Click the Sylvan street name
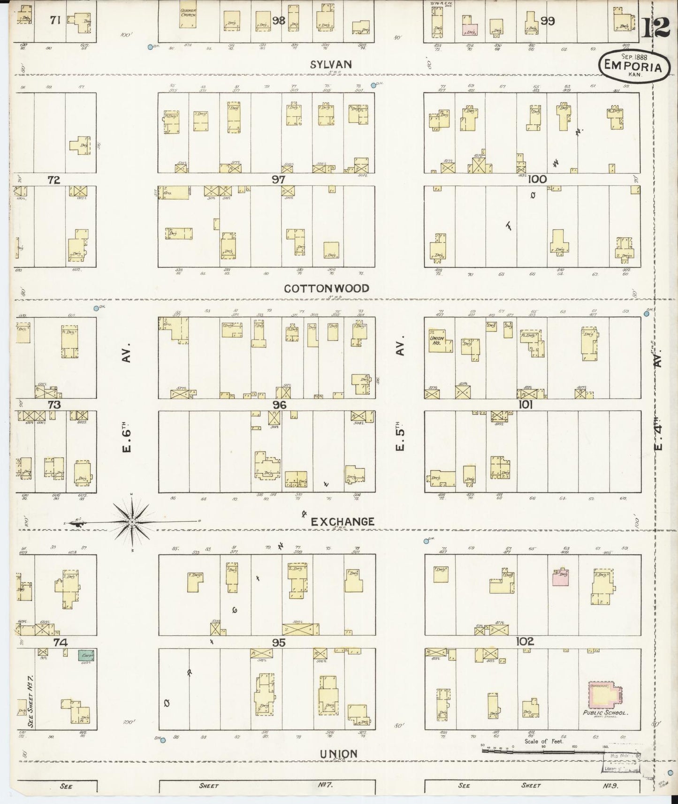tap(331, 65)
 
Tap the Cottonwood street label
tap(327, 288)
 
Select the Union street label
tap(338, 753)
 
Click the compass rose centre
tap(133, 522)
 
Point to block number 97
tap(279, 179)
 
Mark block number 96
tap(279, 404)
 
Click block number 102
tap(525, 642)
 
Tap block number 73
tap(54, 404)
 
